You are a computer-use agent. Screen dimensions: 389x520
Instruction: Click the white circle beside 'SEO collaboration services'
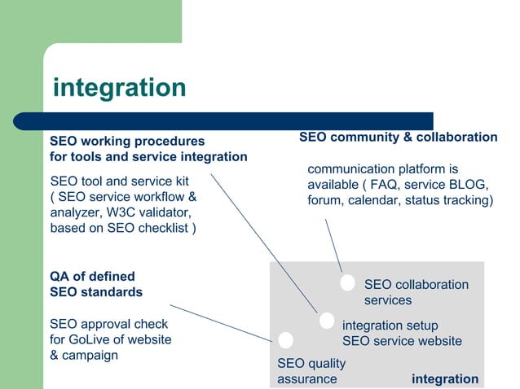[348, 282]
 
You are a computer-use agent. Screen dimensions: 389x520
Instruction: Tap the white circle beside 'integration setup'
[326, 321]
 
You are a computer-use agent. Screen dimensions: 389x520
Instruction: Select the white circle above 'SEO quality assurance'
[285, 340]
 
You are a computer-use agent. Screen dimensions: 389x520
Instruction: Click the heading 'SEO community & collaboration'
[398, 138]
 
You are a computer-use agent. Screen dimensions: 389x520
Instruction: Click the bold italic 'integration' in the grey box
[445, 378]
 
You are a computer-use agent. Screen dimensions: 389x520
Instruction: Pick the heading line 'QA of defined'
[92, 276]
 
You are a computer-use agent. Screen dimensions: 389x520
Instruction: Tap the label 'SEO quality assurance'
[311, 371]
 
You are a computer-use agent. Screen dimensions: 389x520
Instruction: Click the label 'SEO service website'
[402, 341]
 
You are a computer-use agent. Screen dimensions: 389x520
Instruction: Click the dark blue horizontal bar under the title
[236, 120]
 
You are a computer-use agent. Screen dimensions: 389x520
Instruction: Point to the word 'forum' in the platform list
[325, 200]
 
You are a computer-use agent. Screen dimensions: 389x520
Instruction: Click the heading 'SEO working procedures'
[127, 142]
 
